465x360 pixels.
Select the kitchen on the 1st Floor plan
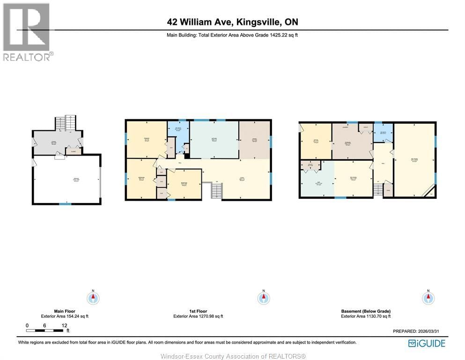tap(214, 140)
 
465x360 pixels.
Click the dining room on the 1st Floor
tap(254, 140)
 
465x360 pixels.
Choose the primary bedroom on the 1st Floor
tap(147, 139)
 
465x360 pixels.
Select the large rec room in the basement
tap(414, 159)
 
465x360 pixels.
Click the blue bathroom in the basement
tap(383, 133)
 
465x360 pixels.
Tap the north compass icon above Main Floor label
tap(93, 298)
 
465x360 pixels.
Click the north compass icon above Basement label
tap(428, 298)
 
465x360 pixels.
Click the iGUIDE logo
tap(427, 343)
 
